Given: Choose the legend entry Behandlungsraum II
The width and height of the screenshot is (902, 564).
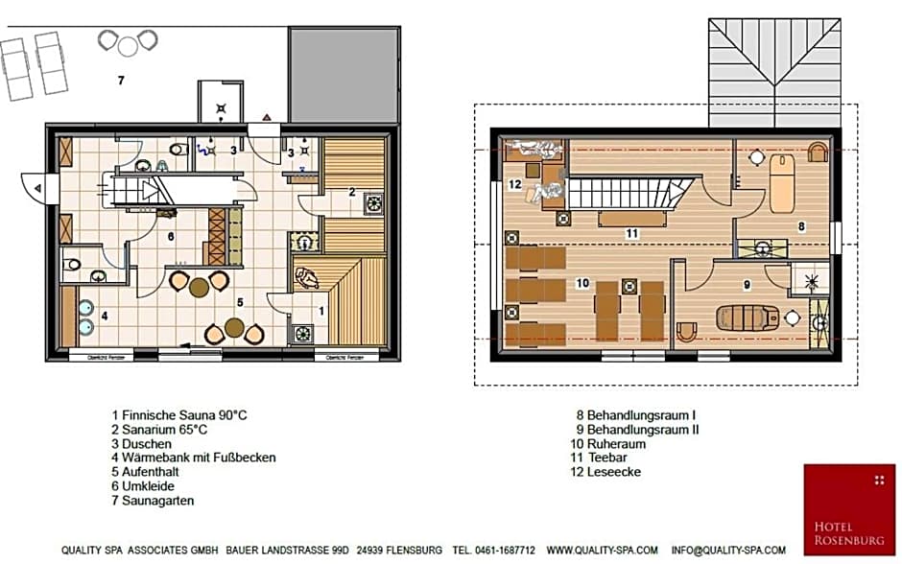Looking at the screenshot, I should (637, 430).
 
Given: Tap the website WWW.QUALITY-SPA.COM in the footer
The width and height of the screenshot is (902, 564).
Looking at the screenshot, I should (603, 551).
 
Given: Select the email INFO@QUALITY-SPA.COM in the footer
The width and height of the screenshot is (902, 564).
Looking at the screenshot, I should (735, 551).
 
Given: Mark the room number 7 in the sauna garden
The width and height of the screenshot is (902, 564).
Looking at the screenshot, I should (120, 81).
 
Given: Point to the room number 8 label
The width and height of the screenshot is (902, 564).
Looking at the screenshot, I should (800, 226).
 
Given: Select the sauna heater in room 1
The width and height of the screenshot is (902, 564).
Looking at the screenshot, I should (304, 334).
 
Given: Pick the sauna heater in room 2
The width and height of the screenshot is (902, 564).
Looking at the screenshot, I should (373, 203).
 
